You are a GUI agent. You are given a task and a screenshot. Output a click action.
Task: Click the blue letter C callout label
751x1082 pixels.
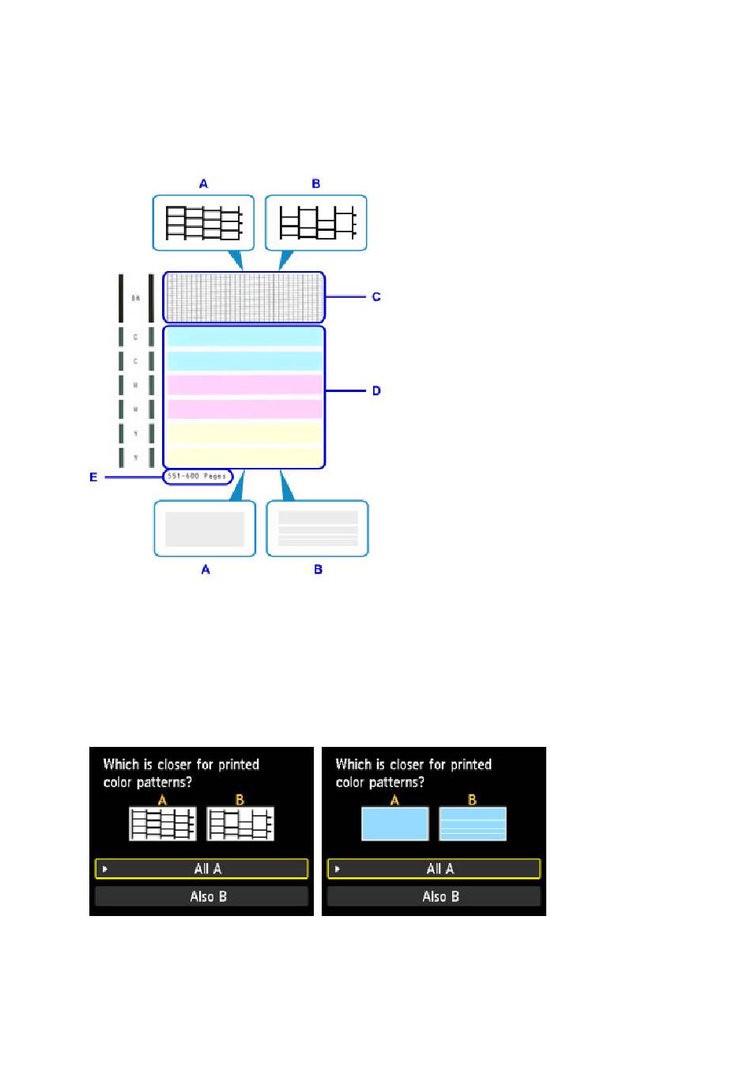pyautogui.click(x=376, y=297)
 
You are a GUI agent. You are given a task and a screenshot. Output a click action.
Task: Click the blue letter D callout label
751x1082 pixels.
pyautogui.click(x=376, y=390)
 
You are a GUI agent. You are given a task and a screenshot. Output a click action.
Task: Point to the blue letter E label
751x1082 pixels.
pyautogui.click(x=93, y=477)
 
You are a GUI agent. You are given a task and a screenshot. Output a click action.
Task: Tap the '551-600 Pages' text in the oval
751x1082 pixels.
pyautogui.click(x=197, y=476)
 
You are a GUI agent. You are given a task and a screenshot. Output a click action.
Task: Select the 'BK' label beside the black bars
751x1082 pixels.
pyautogui.click(x=136, y=298)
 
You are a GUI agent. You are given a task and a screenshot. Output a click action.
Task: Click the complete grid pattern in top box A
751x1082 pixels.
pyautogui.click(x=203, y=223)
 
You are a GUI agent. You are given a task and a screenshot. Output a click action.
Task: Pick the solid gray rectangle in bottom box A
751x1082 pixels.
pyautogui.click(x=205, y=530)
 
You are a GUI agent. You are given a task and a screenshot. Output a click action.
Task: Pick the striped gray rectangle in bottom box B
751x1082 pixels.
pyautogui.click(x=318, y=529)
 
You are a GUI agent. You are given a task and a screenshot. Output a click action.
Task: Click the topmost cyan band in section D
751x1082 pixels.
pyautogui.click(x=244, y=337)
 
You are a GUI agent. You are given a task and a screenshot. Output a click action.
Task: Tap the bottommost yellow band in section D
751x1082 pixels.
pyautogui.click(x=244, y=457)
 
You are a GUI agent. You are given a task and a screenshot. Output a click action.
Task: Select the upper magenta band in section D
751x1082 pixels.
pyautogui.click(x=244, y=385)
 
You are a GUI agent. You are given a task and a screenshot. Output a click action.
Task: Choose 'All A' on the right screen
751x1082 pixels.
pyautogui.click(x=434, y=869)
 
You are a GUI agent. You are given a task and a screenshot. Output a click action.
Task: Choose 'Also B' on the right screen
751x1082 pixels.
pyautogui.click(x=434, y=896)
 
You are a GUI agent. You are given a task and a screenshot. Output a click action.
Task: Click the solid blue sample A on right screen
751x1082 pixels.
pyautogui.click(x=394, y=824)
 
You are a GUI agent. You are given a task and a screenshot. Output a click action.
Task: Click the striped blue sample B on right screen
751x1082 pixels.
pyautogui.click(x=472, y=824)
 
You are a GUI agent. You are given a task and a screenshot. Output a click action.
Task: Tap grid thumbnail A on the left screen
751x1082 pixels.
pyautogui.click(x=162, y=824)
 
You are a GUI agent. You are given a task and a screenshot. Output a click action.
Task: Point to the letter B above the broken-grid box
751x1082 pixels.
pyautogui.click(x=316, y=183)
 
